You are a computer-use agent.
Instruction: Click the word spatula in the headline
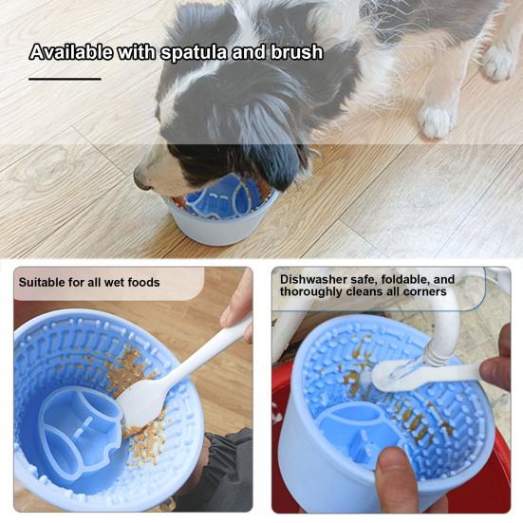(x=194, y=52)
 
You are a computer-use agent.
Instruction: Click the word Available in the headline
(x=68, y=52)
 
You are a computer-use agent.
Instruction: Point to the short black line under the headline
(x=64, y=79)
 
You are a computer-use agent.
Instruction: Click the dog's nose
(x=141, y=177)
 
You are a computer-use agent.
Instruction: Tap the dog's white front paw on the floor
(x=438, y=121)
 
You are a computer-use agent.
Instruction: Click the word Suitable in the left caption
(x=47, y=282)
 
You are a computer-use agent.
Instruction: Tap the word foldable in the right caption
(x=400, y=279)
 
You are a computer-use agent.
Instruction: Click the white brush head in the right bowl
(x=389, y=374)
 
